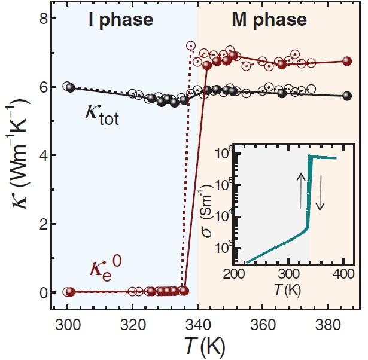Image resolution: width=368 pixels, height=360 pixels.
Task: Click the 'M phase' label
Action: coord(269,20)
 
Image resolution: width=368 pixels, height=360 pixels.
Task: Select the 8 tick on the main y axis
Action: coord(36,19)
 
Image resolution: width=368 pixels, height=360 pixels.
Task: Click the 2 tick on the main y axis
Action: coord(36,224)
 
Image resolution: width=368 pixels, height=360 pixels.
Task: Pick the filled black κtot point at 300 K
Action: coord(70,88)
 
